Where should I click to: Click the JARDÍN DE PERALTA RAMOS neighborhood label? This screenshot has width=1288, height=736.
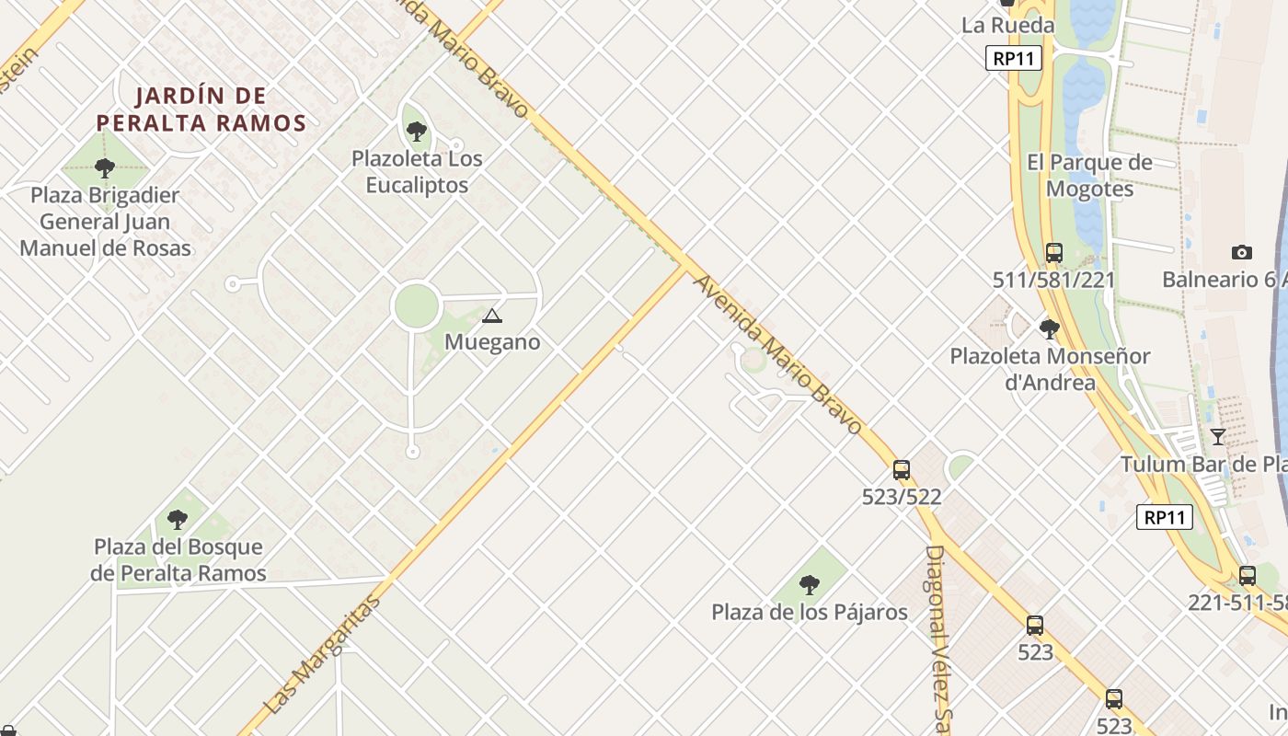pos(201,109)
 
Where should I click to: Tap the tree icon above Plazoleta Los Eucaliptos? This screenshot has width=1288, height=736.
pos(417,132)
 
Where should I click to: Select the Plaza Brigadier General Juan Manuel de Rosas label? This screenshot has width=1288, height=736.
pos(105,222)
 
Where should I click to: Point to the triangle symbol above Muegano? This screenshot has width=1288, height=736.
pos(492,316)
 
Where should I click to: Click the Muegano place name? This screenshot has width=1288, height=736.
pos(492,342)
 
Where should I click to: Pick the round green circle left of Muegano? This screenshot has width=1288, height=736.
pos(415,306)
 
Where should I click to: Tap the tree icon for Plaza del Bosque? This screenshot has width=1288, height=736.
pos(178,520)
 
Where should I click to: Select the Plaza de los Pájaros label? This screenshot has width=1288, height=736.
pos(810,612)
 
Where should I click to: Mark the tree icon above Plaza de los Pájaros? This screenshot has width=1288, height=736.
pos(810,584)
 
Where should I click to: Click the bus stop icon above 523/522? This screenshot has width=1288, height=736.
pos(902,470)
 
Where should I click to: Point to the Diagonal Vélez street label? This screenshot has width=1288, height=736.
pos(937,635)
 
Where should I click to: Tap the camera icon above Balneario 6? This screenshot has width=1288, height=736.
pos(1242,252)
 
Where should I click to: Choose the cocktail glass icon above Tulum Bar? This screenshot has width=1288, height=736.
pos(1218,437)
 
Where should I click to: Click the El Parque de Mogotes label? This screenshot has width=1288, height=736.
pos(1089,176)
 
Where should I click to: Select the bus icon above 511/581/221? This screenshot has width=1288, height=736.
pos(1054,252)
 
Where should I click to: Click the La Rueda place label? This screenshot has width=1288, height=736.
pos(1007,25)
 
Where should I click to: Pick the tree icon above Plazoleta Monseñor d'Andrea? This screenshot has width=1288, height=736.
pos(1049,328)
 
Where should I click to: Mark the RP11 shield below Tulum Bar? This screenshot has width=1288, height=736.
pos(1165,517)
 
